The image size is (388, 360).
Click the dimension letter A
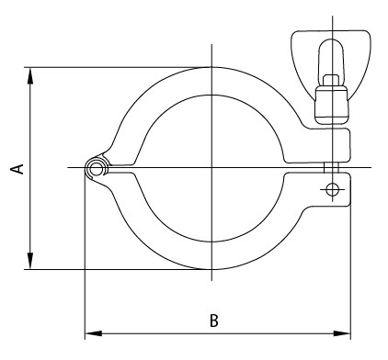16,168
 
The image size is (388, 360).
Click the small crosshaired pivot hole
332,189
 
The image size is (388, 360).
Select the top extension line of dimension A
110,67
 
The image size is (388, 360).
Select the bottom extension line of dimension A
110,269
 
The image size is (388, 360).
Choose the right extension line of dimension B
351,276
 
